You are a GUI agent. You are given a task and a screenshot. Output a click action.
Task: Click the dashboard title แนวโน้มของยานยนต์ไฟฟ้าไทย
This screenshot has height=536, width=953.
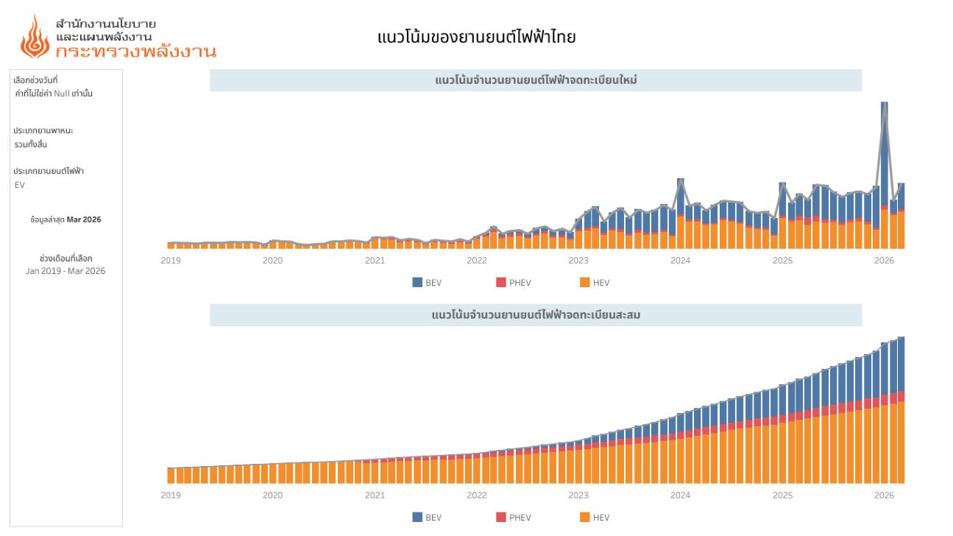(476, 37)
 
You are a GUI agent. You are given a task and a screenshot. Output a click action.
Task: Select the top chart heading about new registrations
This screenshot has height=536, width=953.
(535, 80)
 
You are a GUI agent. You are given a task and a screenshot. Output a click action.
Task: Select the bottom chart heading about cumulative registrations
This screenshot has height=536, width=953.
(535, 315)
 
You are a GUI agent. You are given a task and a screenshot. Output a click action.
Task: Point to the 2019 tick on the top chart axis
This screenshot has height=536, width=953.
(171, 260)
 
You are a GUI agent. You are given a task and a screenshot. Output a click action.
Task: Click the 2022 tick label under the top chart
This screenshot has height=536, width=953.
(477, 260)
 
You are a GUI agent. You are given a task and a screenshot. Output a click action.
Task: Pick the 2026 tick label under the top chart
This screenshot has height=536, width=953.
(884, 260)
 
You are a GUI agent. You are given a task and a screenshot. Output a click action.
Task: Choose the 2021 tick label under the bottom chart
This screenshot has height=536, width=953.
(375, 496)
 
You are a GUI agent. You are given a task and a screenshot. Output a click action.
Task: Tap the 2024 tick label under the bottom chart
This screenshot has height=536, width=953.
(681, 496)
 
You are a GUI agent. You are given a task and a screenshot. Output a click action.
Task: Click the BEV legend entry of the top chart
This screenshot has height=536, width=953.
(427, 283)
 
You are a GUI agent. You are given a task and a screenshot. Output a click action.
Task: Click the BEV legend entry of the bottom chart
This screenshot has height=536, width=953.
(427, 518)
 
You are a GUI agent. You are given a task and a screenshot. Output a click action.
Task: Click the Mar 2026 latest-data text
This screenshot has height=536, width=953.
(83, 219)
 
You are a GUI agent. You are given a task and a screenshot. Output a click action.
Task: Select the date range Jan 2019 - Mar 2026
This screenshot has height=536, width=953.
(65, 271)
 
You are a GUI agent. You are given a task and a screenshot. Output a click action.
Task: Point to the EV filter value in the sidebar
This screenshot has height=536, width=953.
(20, 185)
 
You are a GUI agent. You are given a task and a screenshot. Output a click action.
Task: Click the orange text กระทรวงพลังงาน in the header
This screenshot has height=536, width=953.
(135, 52)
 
